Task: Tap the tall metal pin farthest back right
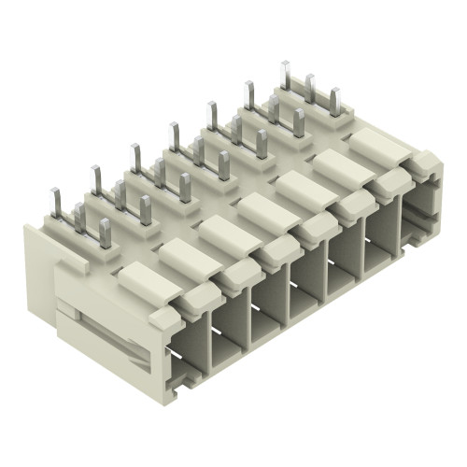click(x=285, y=78)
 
